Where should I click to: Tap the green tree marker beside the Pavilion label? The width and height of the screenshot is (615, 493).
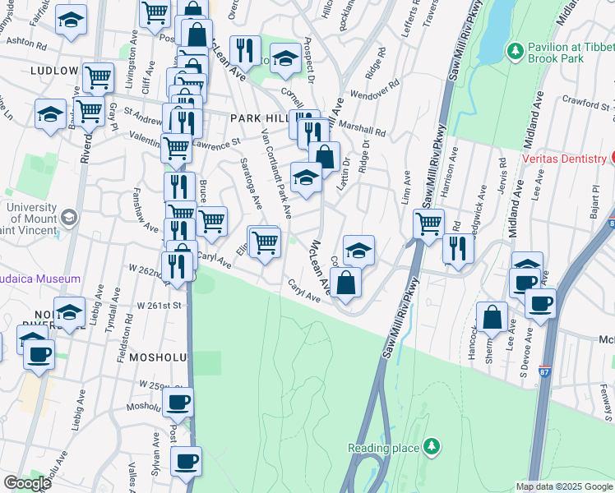pos(516,51)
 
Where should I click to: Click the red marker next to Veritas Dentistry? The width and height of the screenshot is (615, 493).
pos(612,157)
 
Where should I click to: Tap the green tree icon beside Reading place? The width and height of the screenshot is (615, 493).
pos(430,447)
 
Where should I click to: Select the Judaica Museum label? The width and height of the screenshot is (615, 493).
pos(39,279)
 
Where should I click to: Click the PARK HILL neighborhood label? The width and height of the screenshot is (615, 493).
pos(257,118)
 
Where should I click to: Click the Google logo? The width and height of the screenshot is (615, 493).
pos(26,483)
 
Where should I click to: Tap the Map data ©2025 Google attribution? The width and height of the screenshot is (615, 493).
pos(564,486)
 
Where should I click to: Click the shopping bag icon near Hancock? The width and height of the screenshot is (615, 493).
pos(492,318)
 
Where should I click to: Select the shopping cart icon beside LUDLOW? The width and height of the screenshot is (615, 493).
pos(99,78)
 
